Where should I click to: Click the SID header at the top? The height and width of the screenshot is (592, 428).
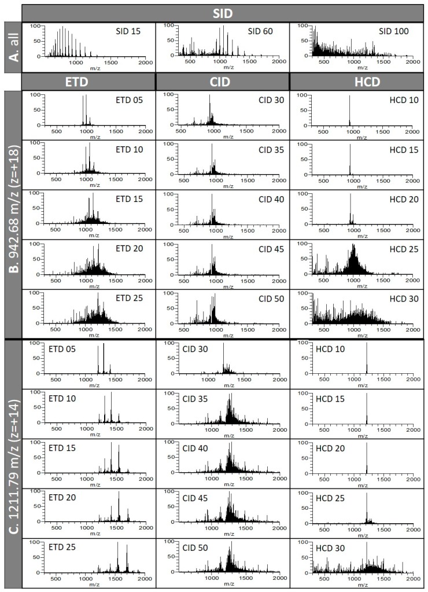(x=223, y=12)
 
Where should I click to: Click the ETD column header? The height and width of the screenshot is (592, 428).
(x=88, y=81)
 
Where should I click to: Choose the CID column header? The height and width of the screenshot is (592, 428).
(x=223, y=81)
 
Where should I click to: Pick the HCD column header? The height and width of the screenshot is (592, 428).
(x=356, y=81)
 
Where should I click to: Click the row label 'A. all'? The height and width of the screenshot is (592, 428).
(x=12, y=47)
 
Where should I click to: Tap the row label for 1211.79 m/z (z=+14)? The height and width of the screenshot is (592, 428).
(x=12, y=463)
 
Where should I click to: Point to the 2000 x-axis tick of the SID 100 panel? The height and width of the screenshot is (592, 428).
(x=412, y=61)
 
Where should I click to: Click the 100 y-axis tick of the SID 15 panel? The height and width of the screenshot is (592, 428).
(x=34, y=26)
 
